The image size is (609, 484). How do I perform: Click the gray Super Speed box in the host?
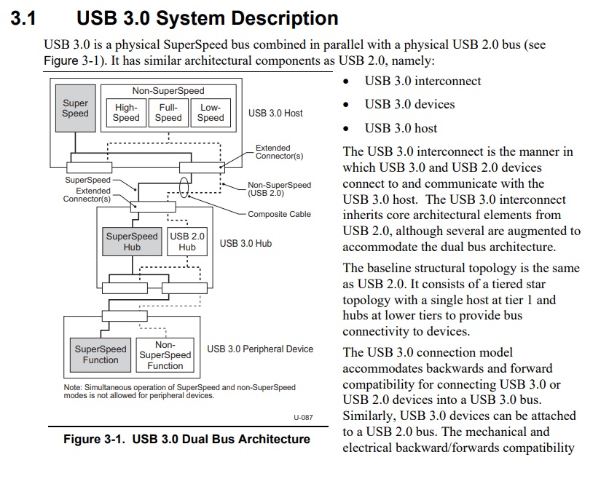(x=75, y=108)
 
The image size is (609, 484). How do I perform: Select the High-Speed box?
(x=126, y=112)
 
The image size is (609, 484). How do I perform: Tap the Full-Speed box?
(x=168, y=112)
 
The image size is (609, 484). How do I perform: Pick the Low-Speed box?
(x=211, y=112)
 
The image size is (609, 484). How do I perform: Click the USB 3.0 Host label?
(x=275, y=113)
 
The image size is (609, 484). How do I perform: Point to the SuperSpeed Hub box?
(x=132, y=242)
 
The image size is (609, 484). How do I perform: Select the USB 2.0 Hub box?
(x=187, y=242)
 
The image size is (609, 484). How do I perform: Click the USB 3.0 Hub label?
(x=245, y=243)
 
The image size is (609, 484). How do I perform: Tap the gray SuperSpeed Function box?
(x=101, y=354)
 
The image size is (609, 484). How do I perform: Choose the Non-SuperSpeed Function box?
(x=165, y=355)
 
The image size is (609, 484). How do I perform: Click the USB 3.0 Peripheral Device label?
(x=260, y=349)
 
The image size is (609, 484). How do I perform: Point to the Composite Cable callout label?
(x=279, y=214)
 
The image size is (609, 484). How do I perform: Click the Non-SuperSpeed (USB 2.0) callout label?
(x=279, y=189)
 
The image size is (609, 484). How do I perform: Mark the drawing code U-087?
(x=303, y=417)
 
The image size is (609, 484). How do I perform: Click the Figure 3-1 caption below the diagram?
(x=186, y=439)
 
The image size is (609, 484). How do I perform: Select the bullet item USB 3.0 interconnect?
(x=423, y=81)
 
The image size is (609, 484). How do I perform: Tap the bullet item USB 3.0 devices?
(x=409, y=104)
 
